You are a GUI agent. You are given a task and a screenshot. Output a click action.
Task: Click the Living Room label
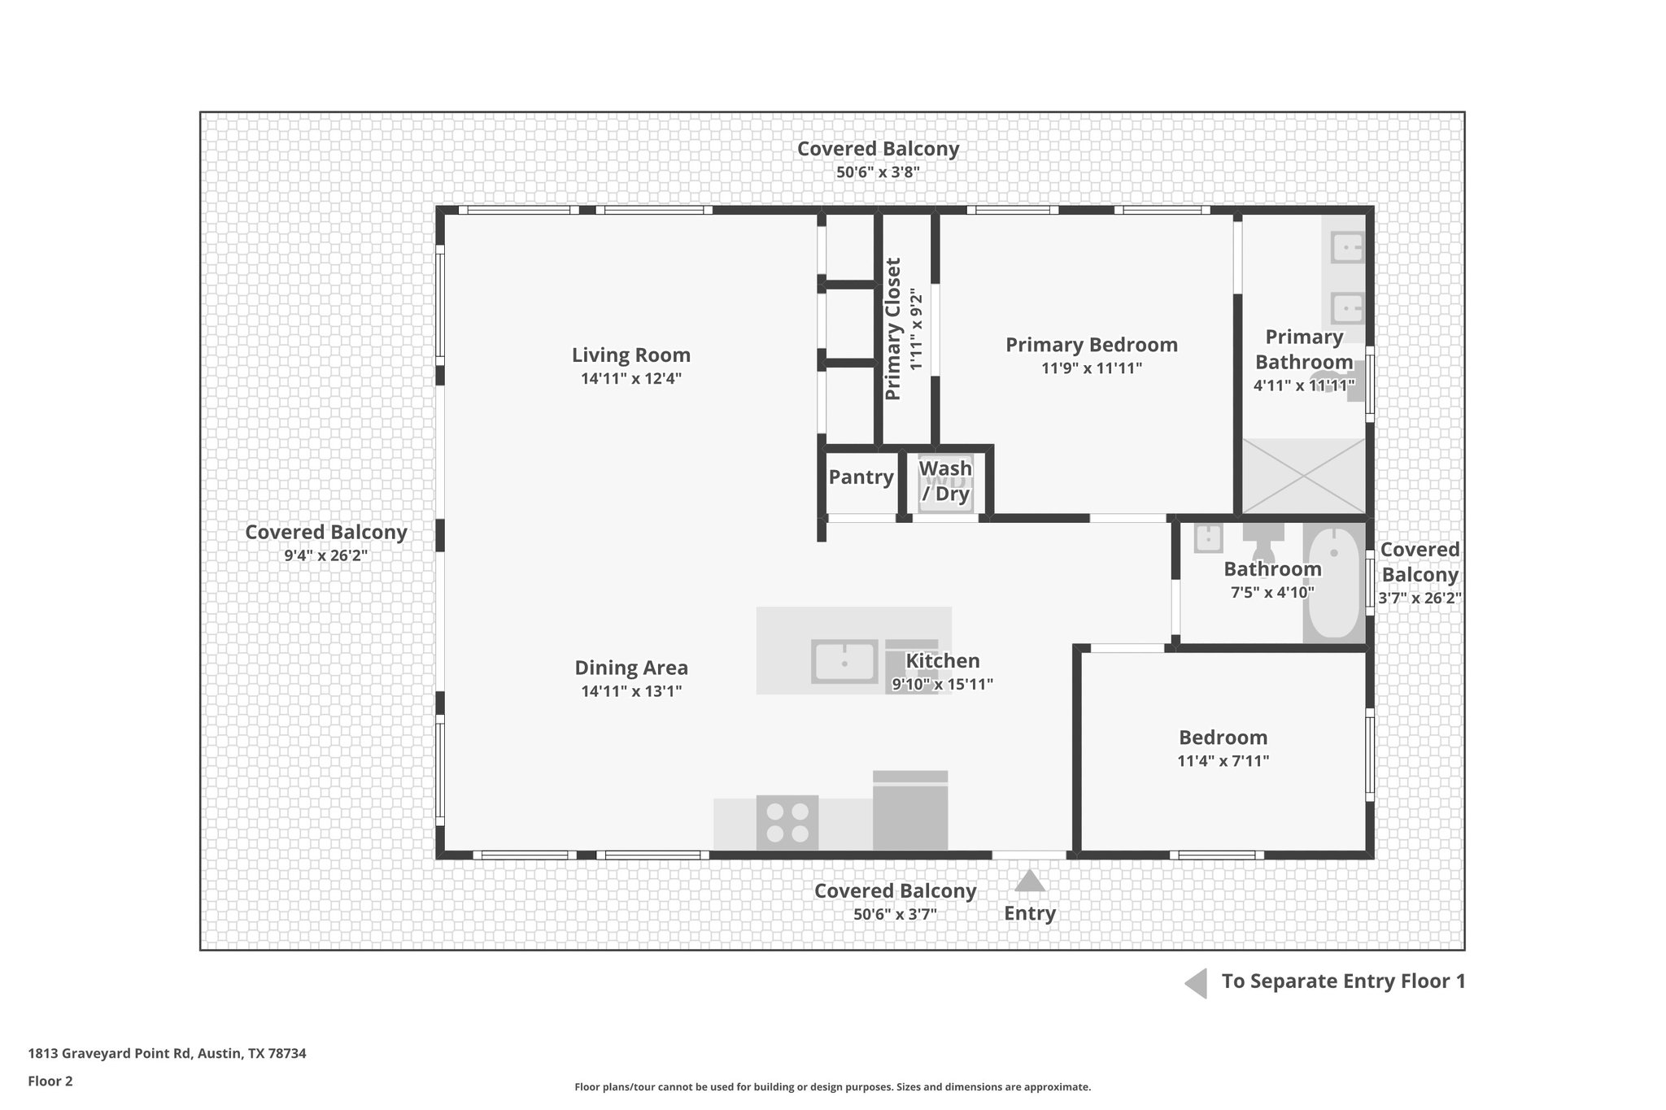[x=630, y=355]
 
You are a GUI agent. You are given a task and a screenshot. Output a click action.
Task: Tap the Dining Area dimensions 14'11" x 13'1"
[x=630, y=692]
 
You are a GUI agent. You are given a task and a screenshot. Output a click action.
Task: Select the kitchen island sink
[x=844, y=661]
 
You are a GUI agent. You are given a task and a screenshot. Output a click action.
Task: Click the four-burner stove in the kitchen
[x=787, y=822]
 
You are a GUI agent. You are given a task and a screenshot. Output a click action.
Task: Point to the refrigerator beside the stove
[x=909, y=812]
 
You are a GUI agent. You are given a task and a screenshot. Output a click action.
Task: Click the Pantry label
[x=861, y=477]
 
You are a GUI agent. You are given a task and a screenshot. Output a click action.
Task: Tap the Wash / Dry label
[x=945, y=481]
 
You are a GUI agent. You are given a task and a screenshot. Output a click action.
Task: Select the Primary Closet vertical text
[x=893, y=329]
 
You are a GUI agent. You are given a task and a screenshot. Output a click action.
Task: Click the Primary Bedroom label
[x=1091, y=345]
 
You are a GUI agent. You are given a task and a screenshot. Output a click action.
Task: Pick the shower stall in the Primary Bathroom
[x=1303, y=476]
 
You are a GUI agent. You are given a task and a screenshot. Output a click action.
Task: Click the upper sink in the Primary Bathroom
[x=1346, y=246]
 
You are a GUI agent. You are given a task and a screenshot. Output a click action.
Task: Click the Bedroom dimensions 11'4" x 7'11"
[x=1223, y=762]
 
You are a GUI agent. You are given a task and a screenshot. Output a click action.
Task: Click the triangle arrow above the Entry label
[x=1029, y=881]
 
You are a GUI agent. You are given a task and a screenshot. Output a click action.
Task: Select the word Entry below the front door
[x=1029, y=913]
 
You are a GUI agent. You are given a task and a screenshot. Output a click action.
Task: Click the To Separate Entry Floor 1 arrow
[x=1196, y=983]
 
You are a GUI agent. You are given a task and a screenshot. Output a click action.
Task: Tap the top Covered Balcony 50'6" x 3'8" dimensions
[x=877, y=172]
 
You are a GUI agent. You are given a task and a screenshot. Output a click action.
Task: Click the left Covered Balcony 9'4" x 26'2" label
[x=325, y=533]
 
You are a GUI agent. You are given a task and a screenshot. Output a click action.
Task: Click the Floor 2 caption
[x=50, y=1081]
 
